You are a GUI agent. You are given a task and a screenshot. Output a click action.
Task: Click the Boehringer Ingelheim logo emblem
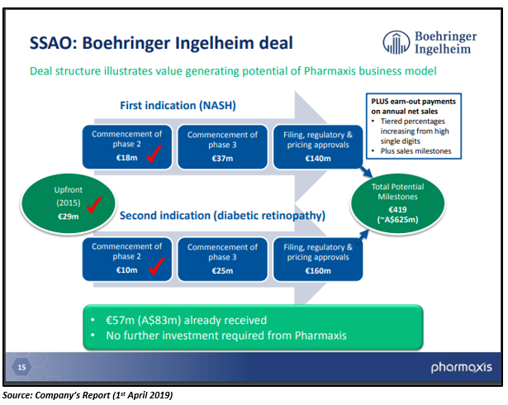coord(396,42)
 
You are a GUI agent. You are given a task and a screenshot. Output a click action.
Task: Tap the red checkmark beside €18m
coord(154,154)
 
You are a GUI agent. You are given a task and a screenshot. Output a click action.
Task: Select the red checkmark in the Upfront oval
coord(95,205)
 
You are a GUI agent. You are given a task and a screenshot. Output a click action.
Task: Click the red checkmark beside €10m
coord(157,266)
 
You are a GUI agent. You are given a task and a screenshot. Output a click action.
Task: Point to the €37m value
coord(222,159)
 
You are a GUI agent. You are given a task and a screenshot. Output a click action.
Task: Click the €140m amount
coord(318,159)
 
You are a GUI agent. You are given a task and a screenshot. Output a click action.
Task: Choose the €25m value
coord(222,271)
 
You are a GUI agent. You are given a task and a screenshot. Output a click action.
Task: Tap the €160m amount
coord(318,271)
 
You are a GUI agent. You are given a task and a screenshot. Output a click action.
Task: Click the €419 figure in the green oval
coord(397,209)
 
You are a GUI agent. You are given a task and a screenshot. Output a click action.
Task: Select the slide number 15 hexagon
coord(21,367)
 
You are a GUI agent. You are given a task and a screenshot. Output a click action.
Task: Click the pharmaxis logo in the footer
coord(462,367)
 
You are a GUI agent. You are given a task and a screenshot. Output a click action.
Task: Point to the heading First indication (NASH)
coord(178,106)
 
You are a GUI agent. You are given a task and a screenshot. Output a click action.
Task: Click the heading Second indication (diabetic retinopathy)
coord(222,216)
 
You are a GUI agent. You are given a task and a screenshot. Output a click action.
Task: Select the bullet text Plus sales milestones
coord(416,151)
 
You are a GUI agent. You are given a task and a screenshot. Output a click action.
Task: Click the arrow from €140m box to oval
coord(367,172)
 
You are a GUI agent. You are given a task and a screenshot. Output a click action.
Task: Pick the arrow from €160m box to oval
coord(363,237)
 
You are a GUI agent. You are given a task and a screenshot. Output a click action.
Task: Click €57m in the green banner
coord(121,321)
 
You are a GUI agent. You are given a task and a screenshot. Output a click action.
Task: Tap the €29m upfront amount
coord(69,217)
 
